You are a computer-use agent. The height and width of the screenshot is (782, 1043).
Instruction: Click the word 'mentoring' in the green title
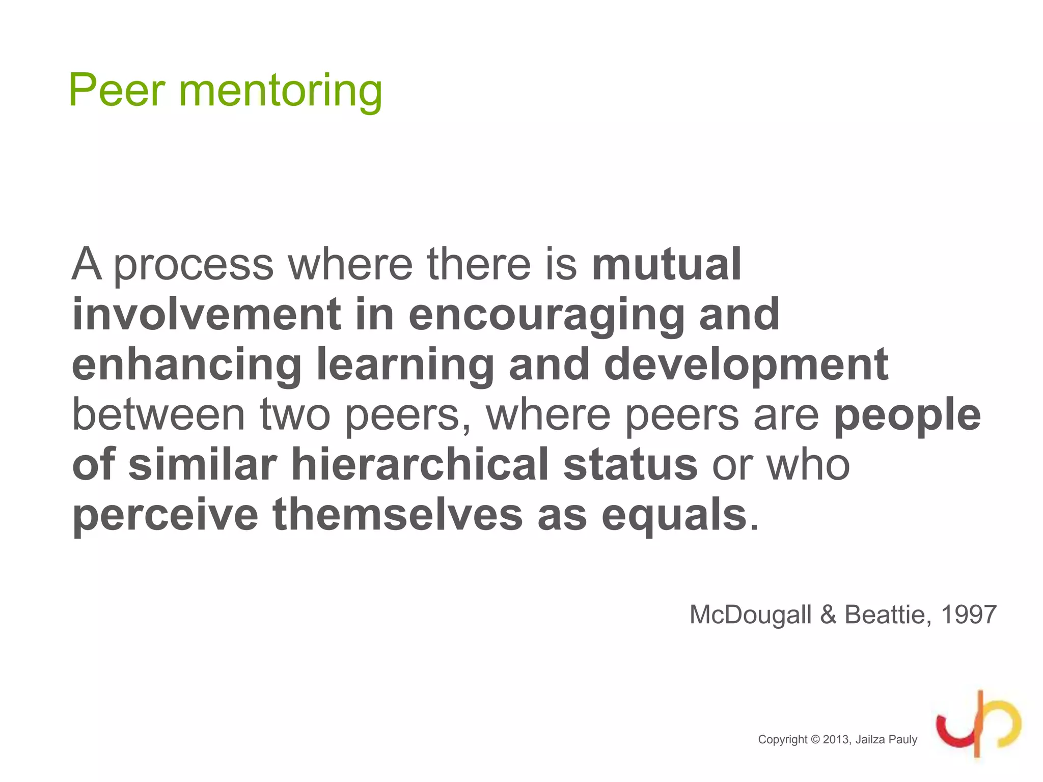[280, 91]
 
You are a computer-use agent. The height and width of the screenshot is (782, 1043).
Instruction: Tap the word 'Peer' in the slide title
[117, 91]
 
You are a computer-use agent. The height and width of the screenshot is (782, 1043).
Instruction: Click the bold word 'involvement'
[206, 314]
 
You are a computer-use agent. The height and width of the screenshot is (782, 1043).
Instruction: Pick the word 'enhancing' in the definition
[187, 365]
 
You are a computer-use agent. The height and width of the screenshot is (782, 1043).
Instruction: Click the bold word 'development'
[746, 365]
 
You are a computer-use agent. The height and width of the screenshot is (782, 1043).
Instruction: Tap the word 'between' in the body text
[159, 414]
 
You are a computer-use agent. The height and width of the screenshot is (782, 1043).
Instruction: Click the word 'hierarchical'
[420, 464]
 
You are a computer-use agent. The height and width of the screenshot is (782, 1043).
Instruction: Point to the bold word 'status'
[630, 464]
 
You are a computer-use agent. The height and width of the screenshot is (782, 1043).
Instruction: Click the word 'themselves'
[397, 514]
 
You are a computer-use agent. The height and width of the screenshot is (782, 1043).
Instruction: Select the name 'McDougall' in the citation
[750, 615]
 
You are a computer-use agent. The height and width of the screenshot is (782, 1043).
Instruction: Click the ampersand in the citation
[828, 615]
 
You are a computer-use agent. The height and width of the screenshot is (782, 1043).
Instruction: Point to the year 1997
[969, 615]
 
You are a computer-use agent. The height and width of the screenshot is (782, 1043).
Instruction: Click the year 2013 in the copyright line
[836, 740]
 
